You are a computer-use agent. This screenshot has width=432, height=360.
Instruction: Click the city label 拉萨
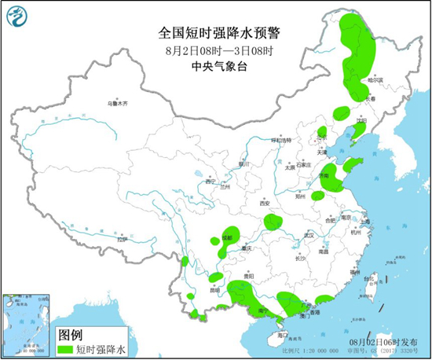pos(121,239)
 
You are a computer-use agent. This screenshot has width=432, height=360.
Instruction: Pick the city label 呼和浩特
pos(280,139)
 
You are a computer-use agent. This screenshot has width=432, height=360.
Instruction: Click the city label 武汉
pos(309,235)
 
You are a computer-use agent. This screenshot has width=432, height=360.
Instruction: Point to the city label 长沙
pos(300,258)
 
